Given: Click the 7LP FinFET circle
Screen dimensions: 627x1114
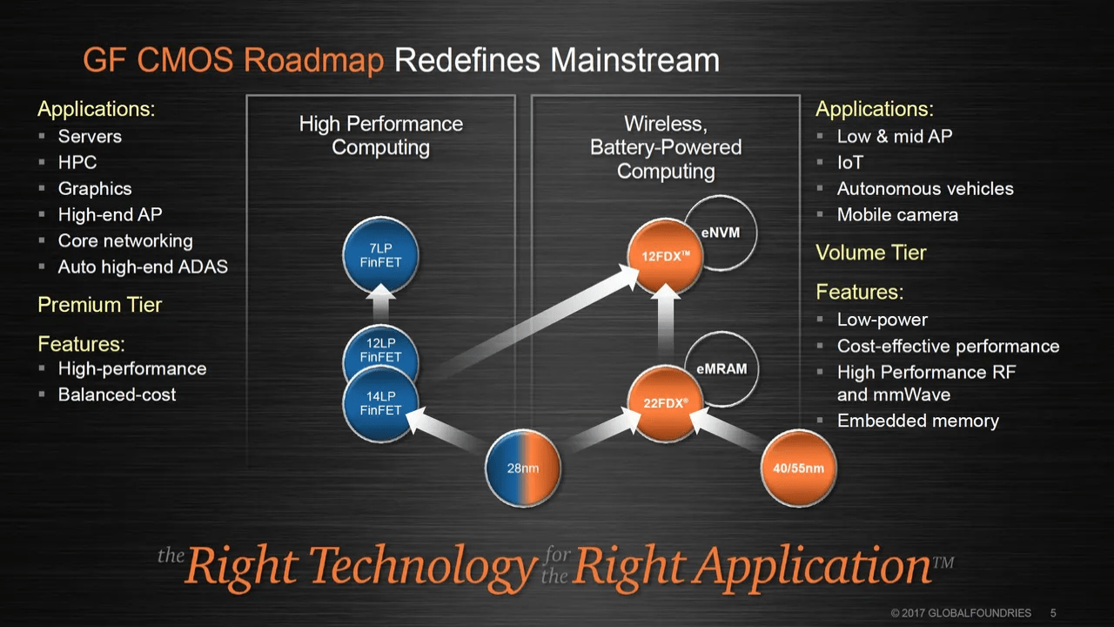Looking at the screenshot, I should pyautogui.click(x=380, y=256).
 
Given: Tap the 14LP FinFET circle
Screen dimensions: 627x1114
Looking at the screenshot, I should pyautogui.click(x=380, y=404).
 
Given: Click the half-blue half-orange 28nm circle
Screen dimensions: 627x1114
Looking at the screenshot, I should pyautogui.click(x=523, y=469).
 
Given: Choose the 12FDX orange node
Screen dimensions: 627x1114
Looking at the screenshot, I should pyautogui.click(x=666, y=256).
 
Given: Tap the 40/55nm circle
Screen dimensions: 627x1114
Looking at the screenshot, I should pyautogui.click(x=798, y=469).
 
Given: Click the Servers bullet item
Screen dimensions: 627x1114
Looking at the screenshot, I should pyautogui.click(x=90, y=136).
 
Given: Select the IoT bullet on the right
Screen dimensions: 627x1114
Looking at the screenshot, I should pyautogui.click(x=850, y=162).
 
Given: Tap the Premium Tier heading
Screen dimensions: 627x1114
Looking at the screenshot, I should pyautogui.click(x=99, y=305).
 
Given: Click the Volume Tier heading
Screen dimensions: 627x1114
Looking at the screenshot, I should pyautogui.click(x=870, y=253).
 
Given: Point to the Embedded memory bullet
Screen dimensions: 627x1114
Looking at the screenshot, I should pyautogui.click(x=917, y=421).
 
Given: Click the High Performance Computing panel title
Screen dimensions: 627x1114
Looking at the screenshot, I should pyautogui.click(x=380, y=135).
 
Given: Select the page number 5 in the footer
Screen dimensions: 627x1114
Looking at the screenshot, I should pyautogui.click(x=1053, y=613).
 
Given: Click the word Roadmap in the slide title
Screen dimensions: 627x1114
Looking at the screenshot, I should pyautogui.click(x=313, y=61).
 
